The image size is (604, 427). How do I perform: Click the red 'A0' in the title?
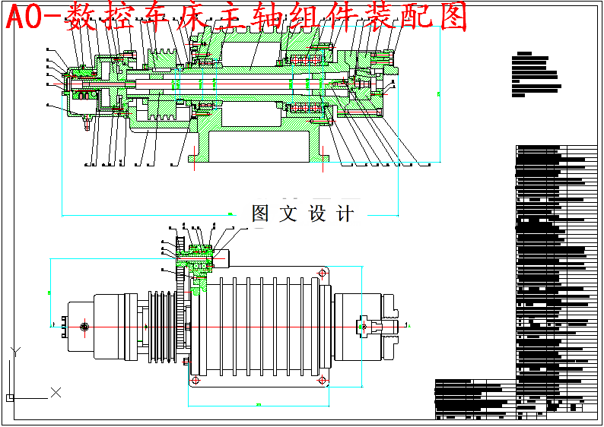pos(24,17)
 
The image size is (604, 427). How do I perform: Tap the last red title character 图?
pos(454,17)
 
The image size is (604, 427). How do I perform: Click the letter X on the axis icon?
pos(56,392)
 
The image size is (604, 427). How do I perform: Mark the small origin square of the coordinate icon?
pos(9,397)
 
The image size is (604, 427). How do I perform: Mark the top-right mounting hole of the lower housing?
pos(323,272)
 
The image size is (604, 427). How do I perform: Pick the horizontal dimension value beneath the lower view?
pos(259,404)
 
